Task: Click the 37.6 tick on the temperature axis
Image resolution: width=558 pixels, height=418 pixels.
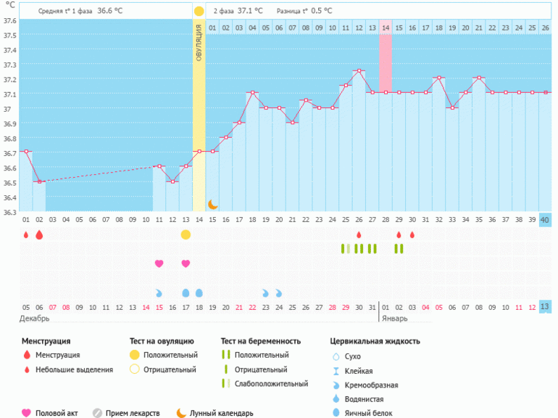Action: [x=9, y=20]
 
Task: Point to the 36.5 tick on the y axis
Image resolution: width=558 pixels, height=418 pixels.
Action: [x=9, y=182]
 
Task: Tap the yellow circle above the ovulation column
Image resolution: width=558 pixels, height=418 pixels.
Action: [x=199, y=12]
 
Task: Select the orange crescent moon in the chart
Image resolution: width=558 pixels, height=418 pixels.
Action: [x=213, y=205]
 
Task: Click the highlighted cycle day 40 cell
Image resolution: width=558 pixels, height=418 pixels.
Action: [x=545, y=220]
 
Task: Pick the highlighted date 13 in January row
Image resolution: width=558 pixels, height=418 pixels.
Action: [x=545, y=307]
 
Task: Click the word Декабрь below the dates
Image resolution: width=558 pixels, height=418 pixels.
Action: [x=34, y=319]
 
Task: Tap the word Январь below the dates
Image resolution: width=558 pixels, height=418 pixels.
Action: [x=394, y=319]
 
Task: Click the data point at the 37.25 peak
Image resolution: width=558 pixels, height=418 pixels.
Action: [x=359, y=70]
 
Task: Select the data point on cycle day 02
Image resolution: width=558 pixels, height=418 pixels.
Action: [x=39, y=181]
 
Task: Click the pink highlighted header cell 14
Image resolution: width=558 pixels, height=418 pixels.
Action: [x=386, y=28]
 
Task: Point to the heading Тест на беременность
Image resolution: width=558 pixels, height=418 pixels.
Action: [x=265, y=340]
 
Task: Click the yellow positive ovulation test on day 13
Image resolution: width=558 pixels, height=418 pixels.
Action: [x=186, y=234]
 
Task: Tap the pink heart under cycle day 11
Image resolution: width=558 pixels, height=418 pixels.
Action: [x=159, y=263]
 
